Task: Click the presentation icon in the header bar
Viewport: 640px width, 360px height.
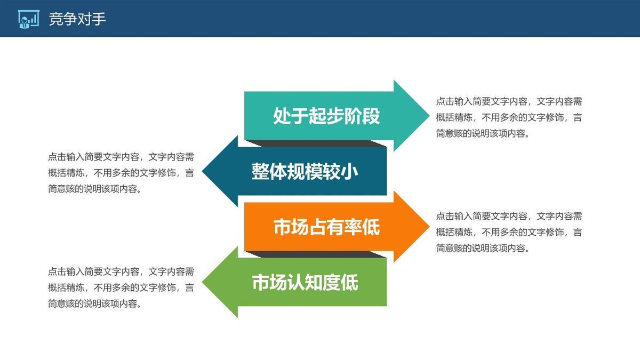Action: click(28, 19)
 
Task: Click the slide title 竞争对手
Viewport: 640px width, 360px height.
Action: click(77, 19)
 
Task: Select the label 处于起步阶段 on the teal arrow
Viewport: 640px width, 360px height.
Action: click(326, 116)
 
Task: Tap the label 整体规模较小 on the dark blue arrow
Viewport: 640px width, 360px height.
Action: click(305, 172)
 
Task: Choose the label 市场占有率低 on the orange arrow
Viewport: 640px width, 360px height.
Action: click(326, 227)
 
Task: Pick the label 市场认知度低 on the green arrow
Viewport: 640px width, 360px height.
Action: click(305, 283)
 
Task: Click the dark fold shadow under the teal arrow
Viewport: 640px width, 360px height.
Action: click(315, 143)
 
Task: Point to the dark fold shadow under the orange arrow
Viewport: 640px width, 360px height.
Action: click(315, 254)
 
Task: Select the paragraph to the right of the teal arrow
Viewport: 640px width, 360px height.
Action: click(509, 117)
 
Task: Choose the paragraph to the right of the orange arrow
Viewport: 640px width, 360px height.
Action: click(509, 232)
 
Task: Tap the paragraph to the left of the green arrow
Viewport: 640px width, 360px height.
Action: click(121, 287)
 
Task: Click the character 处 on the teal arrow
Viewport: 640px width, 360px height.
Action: click(282, 116)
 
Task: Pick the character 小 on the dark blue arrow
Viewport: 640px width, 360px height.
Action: click(349, 172)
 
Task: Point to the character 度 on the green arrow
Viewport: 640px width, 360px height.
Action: click(331, 283)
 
